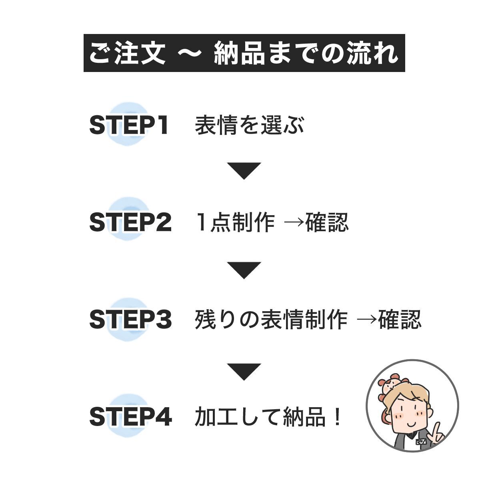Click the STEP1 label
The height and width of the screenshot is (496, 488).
129,125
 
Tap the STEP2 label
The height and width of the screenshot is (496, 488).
130,222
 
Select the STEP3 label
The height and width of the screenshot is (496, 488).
130,320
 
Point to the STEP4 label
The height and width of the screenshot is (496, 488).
130,416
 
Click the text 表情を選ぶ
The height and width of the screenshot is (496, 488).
250,125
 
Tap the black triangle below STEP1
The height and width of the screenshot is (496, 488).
244,170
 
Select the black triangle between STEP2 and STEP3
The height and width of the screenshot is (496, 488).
244,270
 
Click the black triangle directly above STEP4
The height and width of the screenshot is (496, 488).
244,371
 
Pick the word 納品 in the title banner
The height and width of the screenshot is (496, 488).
239,53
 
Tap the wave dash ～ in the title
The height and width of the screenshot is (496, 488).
189,53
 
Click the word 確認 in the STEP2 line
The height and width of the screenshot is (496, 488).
327,222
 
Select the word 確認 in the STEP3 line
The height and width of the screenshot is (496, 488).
400,320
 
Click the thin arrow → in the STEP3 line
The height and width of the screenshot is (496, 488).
366,320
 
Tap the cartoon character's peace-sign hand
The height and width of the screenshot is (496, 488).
436,432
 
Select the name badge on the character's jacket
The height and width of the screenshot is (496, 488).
420,442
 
